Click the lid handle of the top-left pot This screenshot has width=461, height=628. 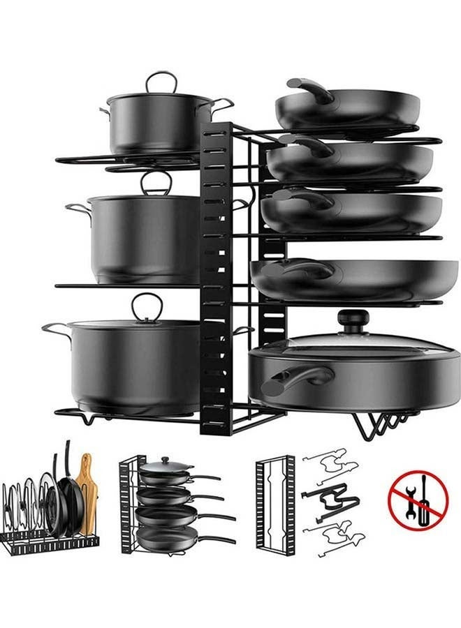161,81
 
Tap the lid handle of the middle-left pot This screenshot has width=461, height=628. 156,183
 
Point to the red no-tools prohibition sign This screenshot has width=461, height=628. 418,499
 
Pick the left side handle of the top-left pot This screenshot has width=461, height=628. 104,110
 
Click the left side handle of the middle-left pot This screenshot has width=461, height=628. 77,209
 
